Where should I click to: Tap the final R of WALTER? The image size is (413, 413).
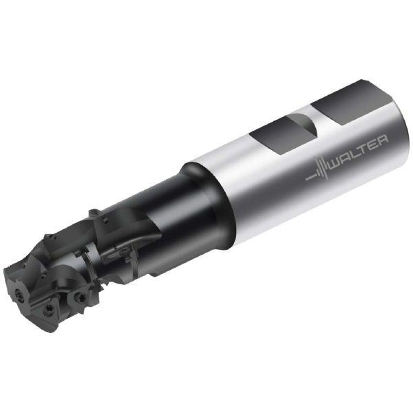(x=382, y=140)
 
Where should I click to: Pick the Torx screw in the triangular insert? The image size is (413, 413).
(x=50, y=308)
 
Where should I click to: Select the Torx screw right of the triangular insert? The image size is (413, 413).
(x=78, y=297)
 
